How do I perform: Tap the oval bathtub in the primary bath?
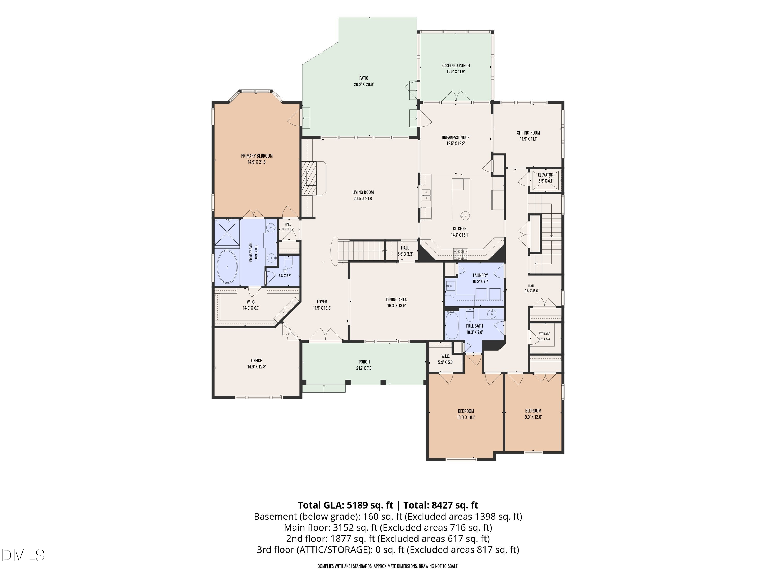coord(227,267)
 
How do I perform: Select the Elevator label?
coord(546,175)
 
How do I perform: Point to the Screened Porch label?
coord(455,65)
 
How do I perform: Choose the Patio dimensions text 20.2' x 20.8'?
coord(363,84)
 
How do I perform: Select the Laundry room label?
coord(480,275)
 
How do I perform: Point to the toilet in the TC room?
coord(288,262)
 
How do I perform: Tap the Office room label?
coord(256,361)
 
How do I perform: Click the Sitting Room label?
coord(528,133)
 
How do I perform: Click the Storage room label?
coord(544,334)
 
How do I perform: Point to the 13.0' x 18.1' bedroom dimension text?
coord(466,417)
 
